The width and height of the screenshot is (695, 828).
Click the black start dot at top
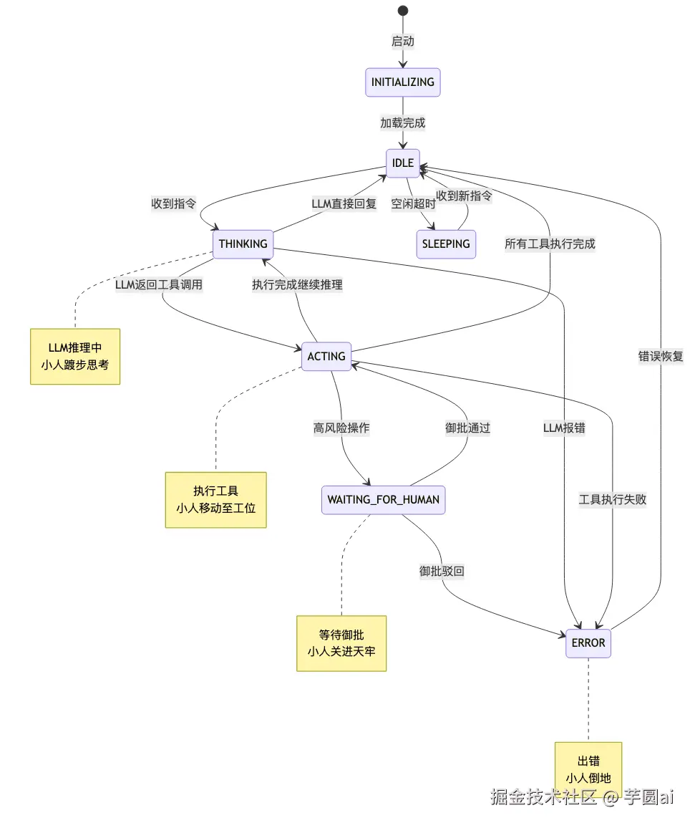coord(403,10)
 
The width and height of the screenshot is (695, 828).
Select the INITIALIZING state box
coord(402,82)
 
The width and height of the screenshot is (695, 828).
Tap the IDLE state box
coord(403,163)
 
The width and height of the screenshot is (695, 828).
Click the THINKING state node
coord(243,244)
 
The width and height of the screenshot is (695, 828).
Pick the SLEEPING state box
coord(446,244)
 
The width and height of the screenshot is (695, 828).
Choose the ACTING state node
coord(326,356)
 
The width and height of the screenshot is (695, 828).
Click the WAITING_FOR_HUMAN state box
coord(384,499)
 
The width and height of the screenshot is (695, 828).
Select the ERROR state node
coord(588,642)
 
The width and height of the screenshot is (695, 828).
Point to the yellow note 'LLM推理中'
coord(75,356)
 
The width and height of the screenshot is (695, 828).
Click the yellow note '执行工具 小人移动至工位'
coord(215,499)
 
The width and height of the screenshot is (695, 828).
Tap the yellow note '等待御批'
coord(341,642)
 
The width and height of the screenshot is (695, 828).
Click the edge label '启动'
coord(403,42)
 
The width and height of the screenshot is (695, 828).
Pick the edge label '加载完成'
coord(403,122)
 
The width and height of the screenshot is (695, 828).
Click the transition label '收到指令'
coord(174,203)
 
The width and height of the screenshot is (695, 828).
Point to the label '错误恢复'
coord(661,356)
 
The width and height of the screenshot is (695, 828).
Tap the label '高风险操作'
coord(341,428)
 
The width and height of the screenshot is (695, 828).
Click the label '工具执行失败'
coord(613,499)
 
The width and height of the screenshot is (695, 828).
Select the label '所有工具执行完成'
coord(550,244)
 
